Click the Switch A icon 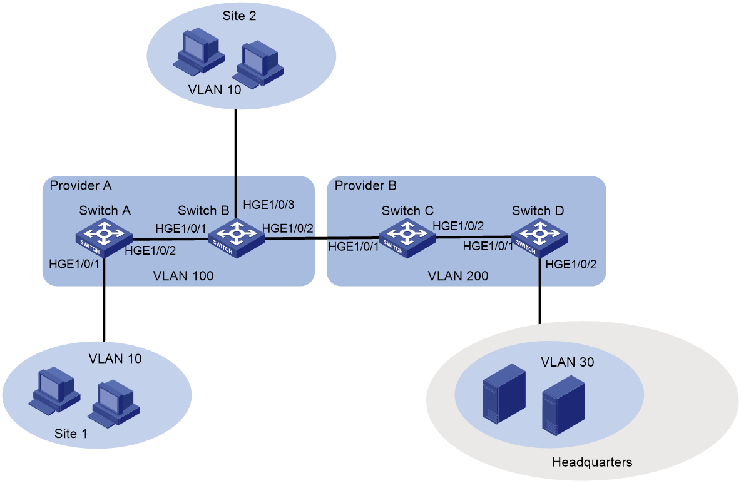pos(103,238)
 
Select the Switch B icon pos(237,238)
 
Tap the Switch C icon pos(406,238)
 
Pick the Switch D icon pos(539,238)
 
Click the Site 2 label pos(239,16)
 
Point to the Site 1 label pos(71,434)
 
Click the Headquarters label pos(591,462)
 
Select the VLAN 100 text pos(183,275)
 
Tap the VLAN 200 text pos(458,275)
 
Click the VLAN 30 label pos(567,362)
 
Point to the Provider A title pos(81,185)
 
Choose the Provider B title pos(365,185)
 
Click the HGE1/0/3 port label pos(268,205)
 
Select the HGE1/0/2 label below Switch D pos(571,264)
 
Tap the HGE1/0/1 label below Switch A pos(74,264)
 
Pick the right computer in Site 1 pos(113,404)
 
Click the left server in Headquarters pos(504,394)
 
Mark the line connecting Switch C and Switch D pos(473,237)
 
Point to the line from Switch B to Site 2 pos(235,164)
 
